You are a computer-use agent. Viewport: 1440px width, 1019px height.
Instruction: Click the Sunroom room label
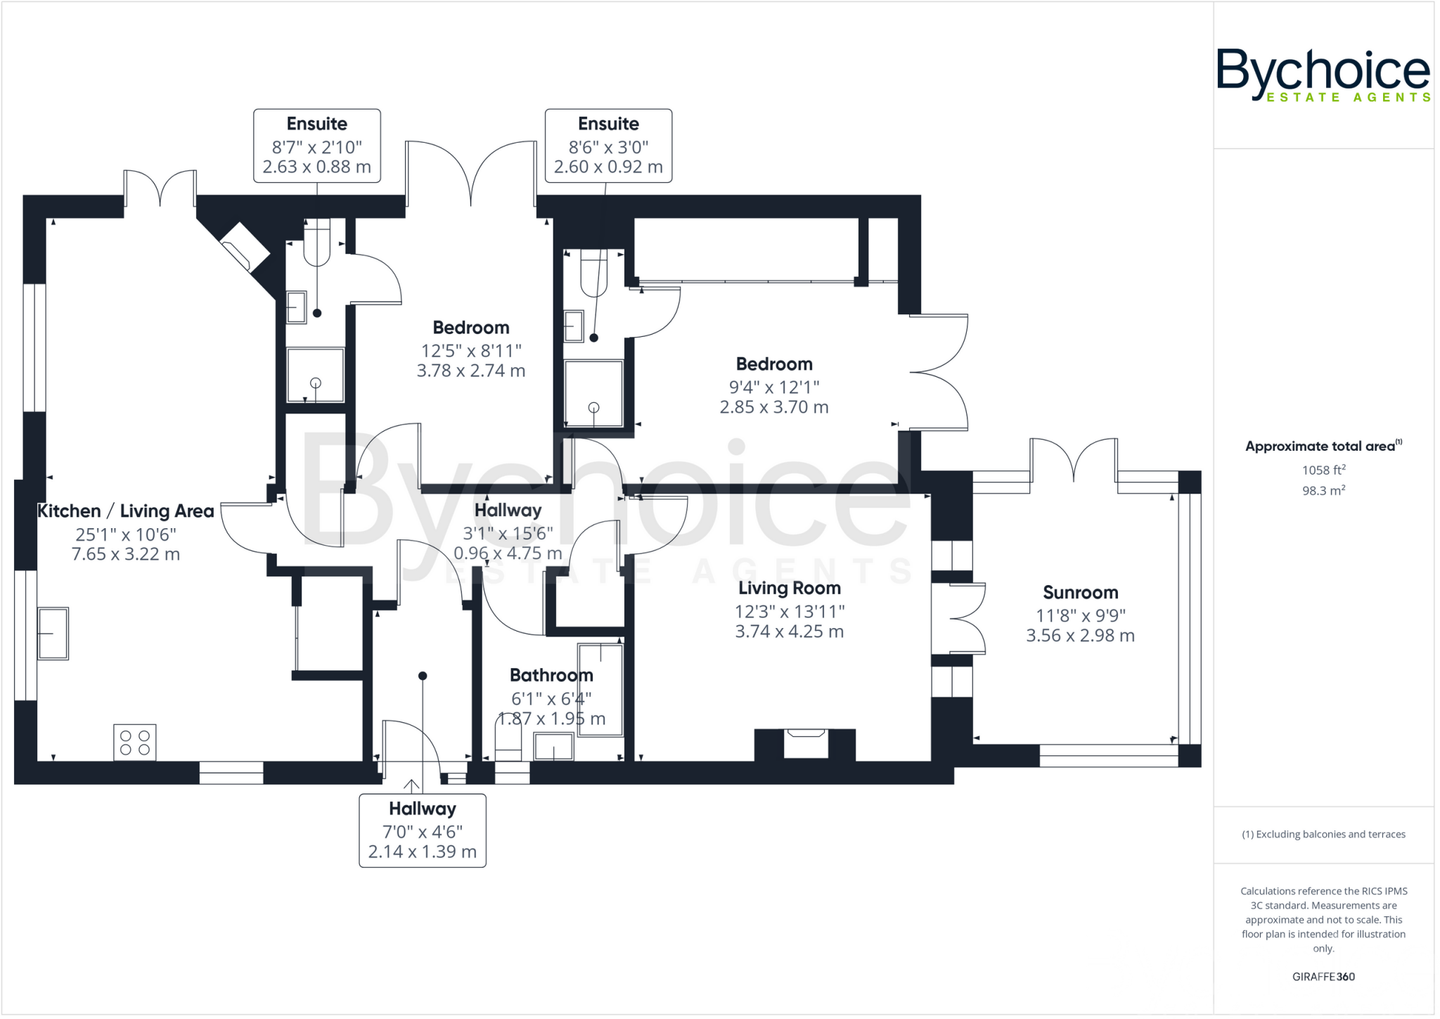coord(1080,592)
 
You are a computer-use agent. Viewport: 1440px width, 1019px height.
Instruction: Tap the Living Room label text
coord(789,588)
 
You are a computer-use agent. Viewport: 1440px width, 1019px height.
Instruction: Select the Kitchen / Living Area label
coord(125,511)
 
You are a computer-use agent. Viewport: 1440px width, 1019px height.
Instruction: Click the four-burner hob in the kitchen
coord(135,742)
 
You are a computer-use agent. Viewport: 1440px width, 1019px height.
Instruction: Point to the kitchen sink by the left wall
coord(53,633)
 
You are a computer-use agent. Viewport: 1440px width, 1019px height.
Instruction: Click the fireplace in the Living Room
coord(805,744)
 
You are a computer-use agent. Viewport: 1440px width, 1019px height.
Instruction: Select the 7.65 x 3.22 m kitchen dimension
coord(126,554)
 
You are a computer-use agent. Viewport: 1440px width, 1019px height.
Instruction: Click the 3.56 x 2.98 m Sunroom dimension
coord(1080,636)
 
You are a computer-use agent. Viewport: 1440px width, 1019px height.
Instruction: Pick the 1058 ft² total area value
coord(1323,470)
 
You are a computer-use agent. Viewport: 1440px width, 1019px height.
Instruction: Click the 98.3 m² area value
coord(1323,490)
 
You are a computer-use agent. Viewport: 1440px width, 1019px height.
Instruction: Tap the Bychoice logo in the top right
coord(1323,75)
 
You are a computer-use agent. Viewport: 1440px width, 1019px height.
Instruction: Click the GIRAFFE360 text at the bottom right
coord(1323,976)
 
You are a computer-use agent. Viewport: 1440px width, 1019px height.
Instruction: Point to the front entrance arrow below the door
coord(411,785)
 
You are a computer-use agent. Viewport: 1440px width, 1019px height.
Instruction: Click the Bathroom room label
coord(551,675)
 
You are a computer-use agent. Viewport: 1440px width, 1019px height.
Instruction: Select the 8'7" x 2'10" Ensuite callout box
coord(317,146)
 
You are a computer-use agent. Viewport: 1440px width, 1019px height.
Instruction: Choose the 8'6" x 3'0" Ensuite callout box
coord(608,146)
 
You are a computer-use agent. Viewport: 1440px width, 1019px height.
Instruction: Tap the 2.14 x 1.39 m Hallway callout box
coord(423,831)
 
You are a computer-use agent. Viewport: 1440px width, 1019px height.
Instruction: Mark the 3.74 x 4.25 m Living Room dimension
coord(789,632)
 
